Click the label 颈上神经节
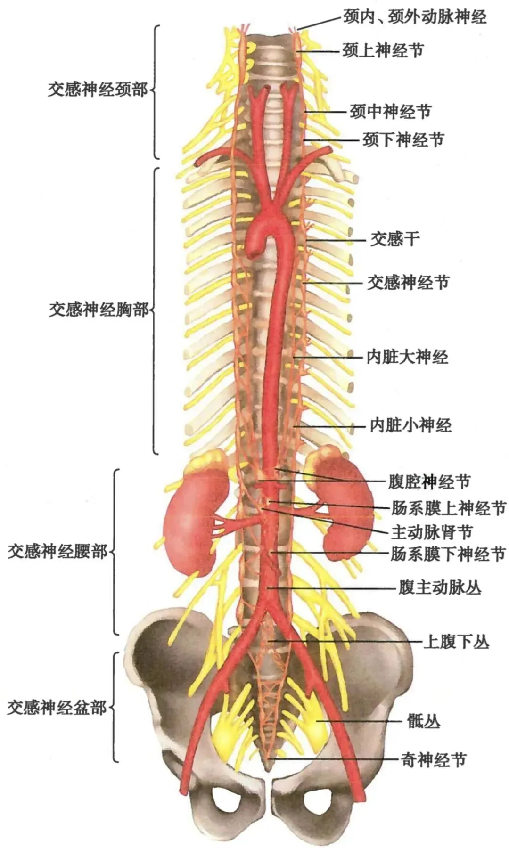(383, 50)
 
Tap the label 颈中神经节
(390, 112)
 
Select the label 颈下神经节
(403, 139)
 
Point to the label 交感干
(394, 239)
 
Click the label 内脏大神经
(407, 357)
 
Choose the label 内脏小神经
(410, 425)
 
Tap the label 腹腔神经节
(429, 481)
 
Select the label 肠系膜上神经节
(448, 508)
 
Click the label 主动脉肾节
(431, 532)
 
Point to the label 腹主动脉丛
(440, 588)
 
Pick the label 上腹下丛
(456, 642)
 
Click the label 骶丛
(423, 721)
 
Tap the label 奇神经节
(434, 760)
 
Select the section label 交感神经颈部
(98, 90)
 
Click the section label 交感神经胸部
(99, 310)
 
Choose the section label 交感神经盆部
(57, 708)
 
